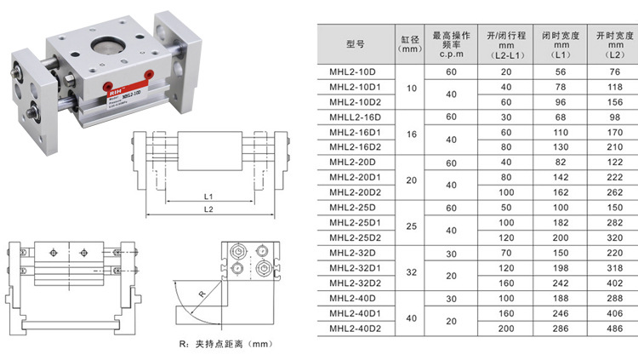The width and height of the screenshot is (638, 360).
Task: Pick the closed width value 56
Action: [x=560, y=72]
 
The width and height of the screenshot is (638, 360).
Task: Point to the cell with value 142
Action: [x=560, y=177]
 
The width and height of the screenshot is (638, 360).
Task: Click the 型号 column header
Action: [x=356, y=43]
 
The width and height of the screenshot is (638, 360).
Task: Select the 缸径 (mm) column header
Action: [x=411, y=43]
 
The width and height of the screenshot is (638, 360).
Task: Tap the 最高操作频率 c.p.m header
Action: [x=451, y=43]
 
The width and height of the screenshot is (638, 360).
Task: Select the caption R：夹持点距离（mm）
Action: [x=219, y=345]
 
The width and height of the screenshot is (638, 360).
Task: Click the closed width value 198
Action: [x=560, y=267]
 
